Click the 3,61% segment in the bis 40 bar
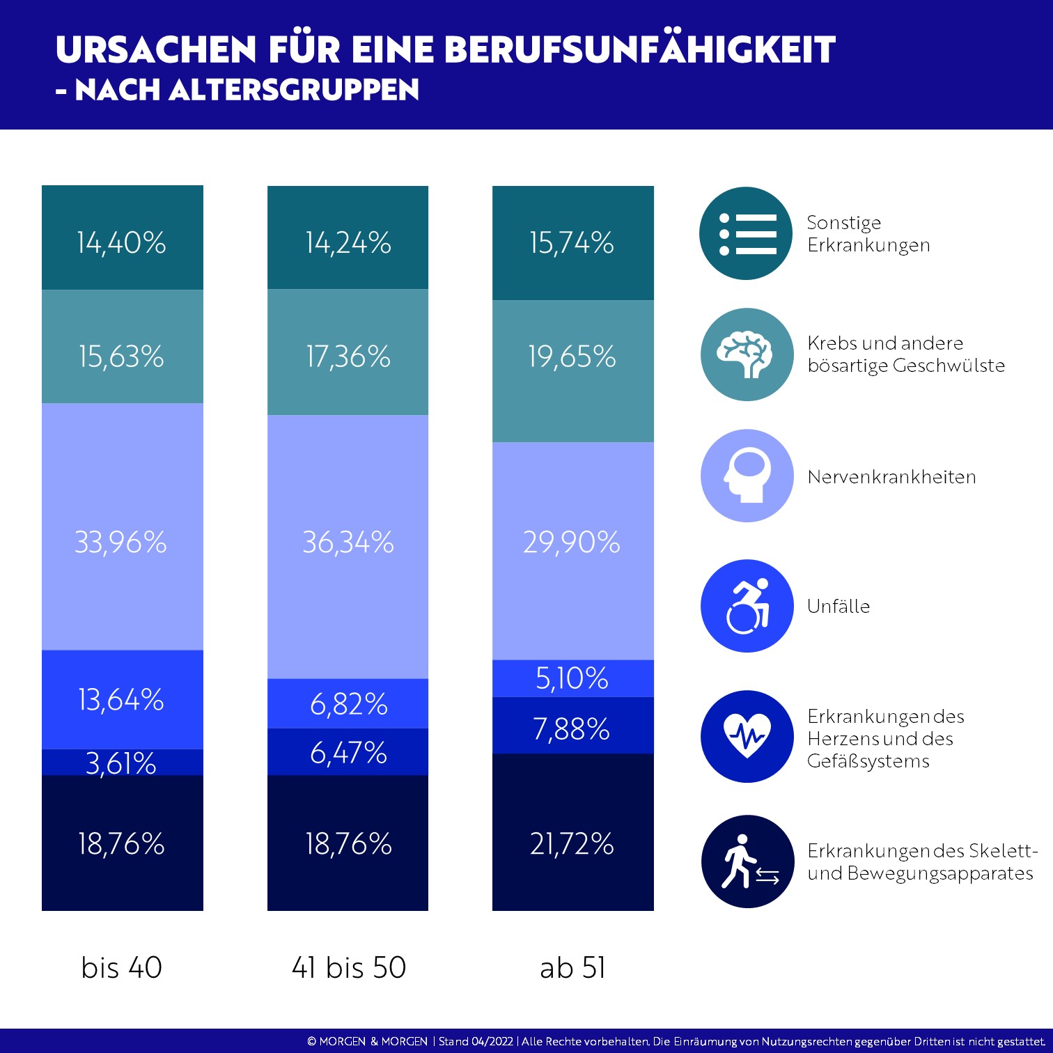coord(122,763)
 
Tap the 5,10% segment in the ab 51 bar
coord(572,678)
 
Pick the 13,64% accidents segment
coord(122,699)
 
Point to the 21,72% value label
coord(572,844)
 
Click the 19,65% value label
coord(572,357)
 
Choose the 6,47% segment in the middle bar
coord(348,752)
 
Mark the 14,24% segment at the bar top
coord(348,242)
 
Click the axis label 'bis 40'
coord(122,967)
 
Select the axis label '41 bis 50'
coord(348,967)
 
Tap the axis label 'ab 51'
coord(572,967)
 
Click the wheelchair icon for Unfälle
coord(747,606)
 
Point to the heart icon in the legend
coord(747,736)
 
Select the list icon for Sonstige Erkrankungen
coord(746,233)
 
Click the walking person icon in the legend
coord(747,861)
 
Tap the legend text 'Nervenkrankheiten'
coord(891,477)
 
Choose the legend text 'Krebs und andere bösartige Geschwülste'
coord(905,354)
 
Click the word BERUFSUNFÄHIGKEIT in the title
coord(639,50)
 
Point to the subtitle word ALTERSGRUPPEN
coord(295,90)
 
